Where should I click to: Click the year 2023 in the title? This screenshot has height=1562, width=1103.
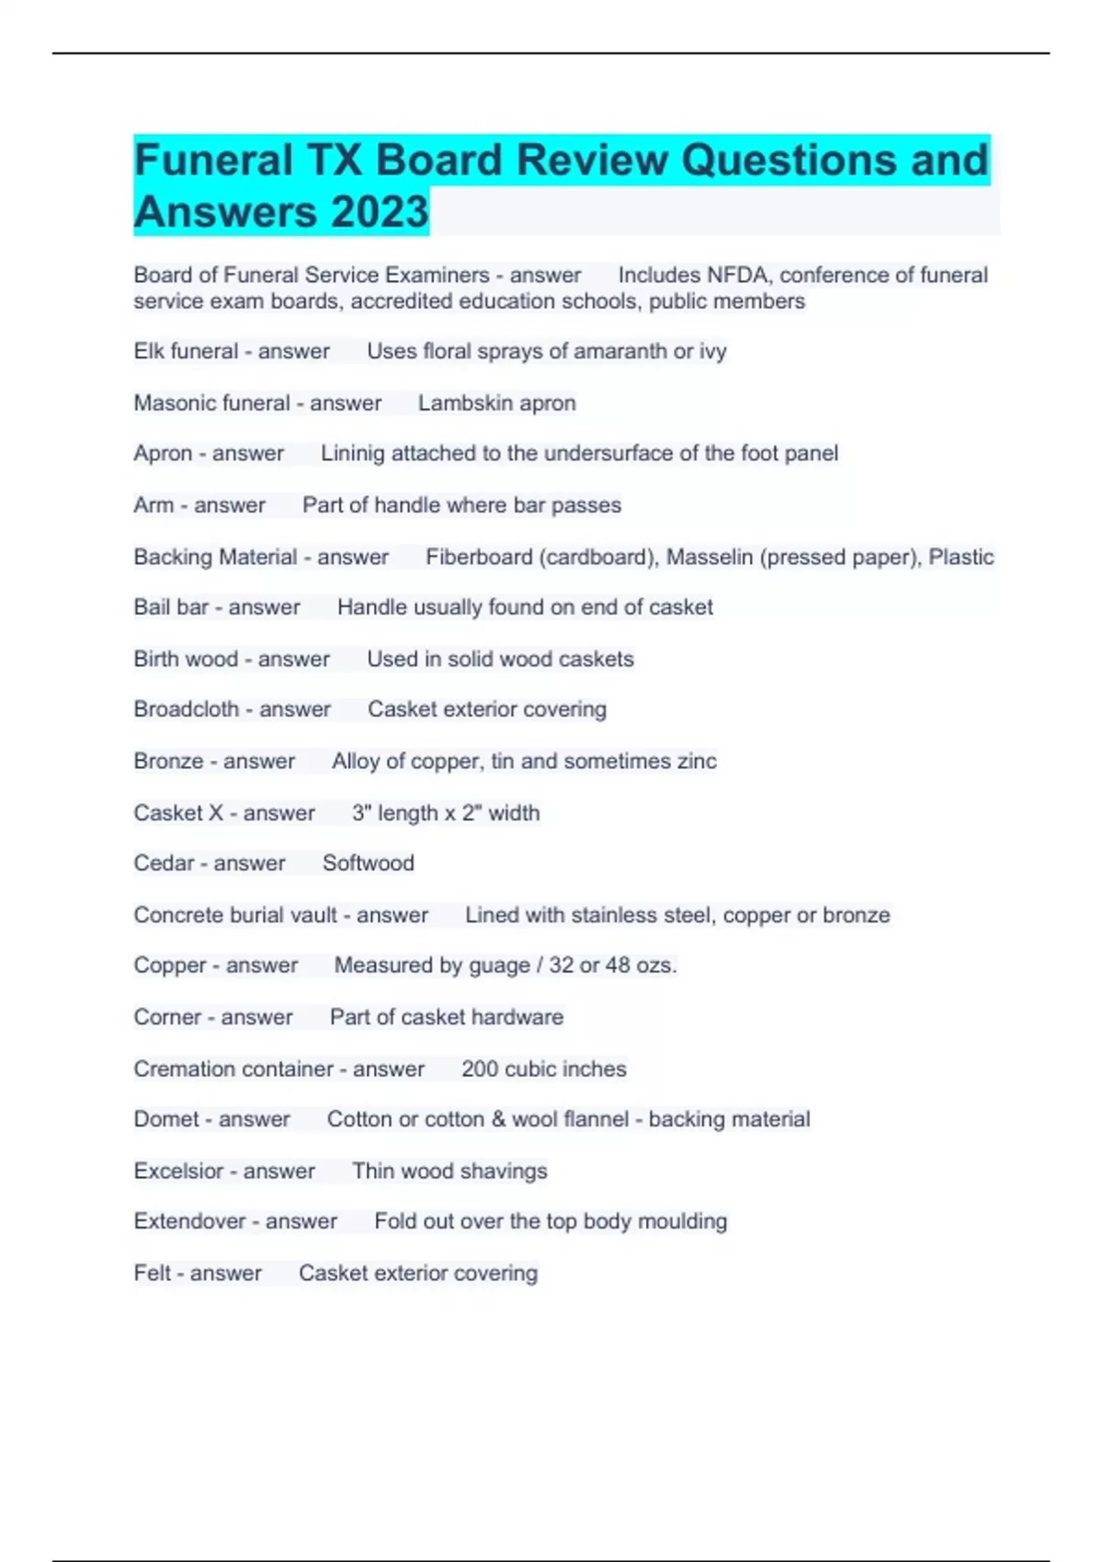[380, 211]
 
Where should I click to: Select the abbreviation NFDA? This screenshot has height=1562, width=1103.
[736, 275]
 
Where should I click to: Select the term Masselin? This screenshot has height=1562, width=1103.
[710, 557]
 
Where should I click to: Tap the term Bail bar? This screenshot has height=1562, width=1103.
[171, 607]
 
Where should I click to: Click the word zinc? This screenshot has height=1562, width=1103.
[695, 761]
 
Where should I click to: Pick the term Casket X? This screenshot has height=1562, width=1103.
[178, 813]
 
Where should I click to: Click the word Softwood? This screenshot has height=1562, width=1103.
[368, 863]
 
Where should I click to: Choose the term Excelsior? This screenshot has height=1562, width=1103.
[178, 1171]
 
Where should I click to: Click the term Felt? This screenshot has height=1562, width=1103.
[152, 1273]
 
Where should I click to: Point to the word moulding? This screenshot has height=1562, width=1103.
[682, 1221]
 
